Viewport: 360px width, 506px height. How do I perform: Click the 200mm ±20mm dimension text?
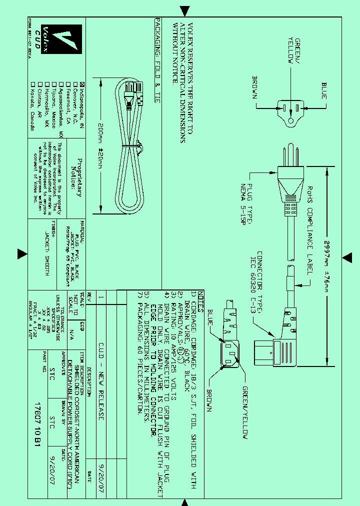(100, 145)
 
